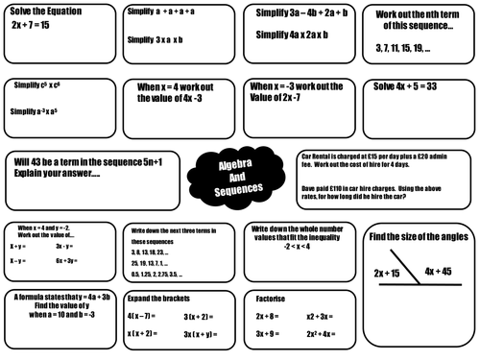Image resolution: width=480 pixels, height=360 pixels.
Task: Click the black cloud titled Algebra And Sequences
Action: pyautogui.click(x=240, y=176)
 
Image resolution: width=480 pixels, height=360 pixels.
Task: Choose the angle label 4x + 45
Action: pyautogui.click(x=444, y=271)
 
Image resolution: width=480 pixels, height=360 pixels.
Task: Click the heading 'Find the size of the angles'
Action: pyautogui.click(x=420, y=236)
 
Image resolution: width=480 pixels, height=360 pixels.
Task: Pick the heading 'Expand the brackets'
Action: pyautogui.click(x=154, y=299)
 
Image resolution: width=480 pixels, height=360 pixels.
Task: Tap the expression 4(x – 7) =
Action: pyautogui.click(x=145, y=315)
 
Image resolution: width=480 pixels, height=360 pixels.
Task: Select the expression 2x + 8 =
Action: pyautogui.click(x=270, y=315)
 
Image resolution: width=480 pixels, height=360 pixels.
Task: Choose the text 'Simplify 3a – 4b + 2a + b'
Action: pyautogui.click(x=300, y=14)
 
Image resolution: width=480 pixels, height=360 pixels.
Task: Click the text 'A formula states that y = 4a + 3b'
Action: pyautogui.click(x=58, y=299)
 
